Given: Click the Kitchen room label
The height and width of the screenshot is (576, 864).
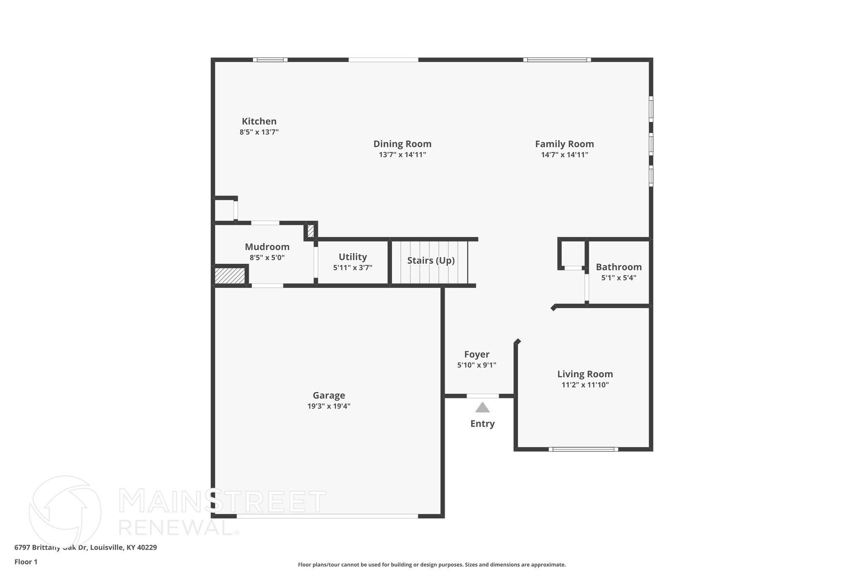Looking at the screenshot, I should (259, 122).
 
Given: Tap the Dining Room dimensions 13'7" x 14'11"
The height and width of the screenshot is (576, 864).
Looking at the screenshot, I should (402, 155).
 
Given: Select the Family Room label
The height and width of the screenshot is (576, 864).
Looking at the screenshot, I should (564, 144).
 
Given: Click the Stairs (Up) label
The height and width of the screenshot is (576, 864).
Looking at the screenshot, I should (430, 260).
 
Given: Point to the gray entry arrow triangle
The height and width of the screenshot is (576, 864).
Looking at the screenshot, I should (482, 408).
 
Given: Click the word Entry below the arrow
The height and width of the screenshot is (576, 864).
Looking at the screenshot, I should (482, 424).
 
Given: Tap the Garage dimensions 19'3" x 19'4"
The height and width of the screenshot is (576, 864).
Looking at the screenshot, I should (329, 406).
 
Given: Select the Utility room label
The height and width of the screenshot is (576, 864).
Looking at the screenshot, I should (353, 257).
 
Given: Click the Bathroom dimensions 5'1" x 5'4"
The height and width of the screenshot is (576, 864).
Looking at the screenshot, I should (618, 278).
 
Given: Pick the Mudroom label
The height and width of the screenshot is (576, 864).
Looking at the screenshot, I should (267, 247).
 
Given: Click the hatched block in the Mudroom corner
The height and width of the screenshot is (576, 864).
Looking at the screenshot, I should (229, 276).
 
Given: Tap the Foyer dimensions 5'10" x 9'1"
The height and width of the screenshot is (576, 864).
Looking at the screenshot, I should (476, 365).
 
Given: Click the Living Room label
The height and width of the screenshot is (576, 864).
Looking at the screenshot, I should (585, 374).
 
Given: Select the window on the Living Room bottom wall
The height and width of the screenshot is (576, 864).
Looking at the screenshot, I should (583, 449).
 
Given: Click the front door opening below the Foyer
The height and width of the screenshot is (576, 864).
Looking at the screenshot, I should (482, 396).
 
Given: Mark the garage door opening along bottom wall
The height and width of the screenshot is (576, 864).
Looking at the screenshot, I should (327, 516).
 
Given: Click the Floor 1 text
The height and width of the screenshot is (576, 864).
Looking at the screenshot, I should (26, 562).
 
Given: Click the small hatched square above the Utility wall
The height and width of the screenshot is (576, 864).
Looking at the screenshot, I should (310, 231).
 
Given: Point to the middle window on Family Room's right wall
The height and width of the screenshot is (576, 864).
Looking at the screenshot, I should (651, 143).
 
